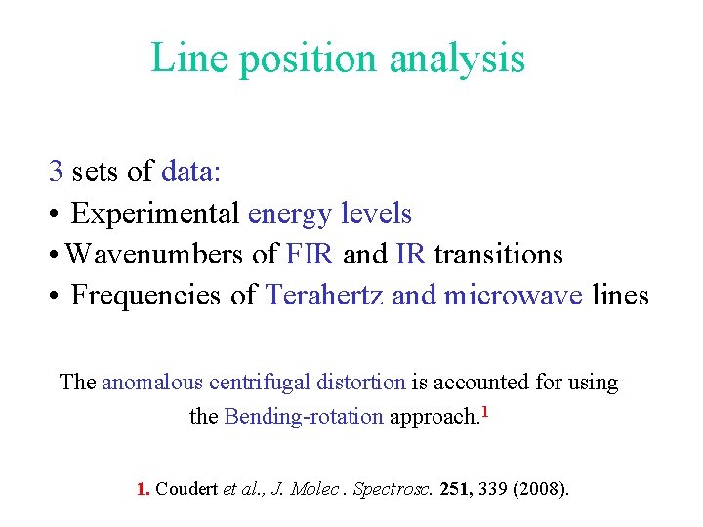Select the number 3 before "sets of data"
[56, 172]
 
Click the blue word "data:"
[192, 172]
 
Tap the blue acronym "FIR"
[310, 255]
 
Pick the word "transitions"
[498, 255]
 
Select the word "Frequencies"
[164, 296]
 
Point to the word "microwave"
[514, 296]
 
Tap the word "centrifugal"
[257, 383]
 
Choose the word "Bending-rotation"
[304, 417]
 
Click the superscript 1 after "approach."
[485, 410]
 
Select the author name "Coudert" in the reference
[187, 488]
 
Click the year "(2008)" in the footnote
[538, 488]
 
